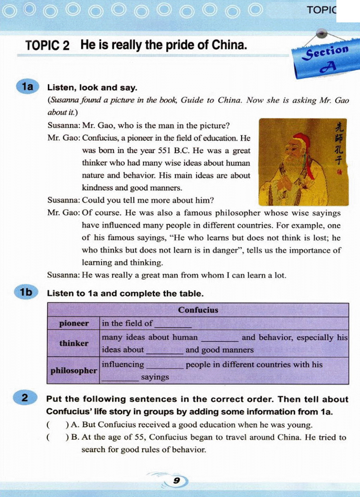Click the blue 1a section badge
tap(27, 86)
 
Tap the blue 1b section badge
tap(26, 292)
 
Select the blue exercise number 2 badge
tap(25, 398)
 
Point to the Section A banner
tap(322, 60)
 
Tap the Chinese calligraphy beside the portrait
tap(339, 144)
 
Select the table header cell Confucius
tap(198, 310)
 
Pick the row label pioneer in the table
tap(74, 323)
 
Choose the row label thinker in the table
tap(74, 343)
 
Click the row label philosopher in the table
tap(73, 371)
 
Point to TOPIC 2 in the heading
tap(47, 45)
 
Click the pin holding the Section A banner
tap(321, 33)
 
